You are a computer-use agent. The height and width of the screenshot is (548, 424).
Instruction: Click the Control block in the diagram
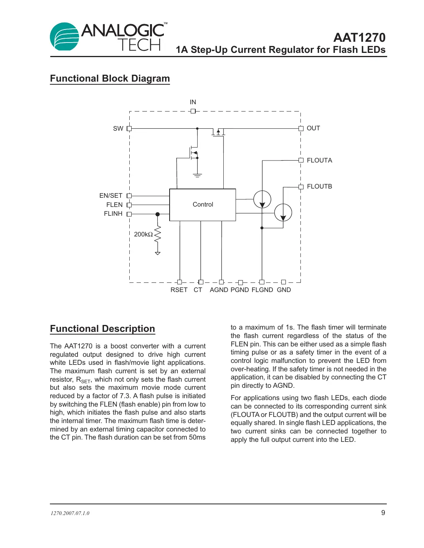tap(203, 205)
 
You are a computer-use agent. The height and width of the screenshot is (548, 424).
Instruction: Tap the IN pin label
tap(193, 102)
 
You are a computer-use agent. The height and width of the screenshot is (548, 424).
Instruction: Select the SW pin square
tap(129, 129)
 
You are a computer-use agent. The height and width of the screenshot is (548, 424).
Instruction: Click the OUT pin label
tap(313, 128)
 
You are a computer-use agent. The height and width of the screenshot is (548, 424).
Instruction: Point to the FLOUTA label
tap(319, 161)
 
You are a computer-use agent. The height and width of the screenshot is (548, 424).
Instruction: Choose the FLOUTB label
tap(319, 187)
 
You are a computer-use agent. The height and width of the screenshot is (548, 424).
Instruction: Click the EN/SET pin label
tap(111, 196)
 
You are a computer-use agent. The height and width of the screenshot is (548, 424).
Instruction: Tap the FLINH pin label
tap(113, 214)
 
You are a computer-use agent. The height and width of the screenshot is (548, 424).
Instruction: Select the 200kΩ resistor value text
tap(143, 235)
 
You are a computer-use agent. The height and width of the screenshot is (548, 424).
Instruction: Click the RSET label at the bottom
tap(179, 290)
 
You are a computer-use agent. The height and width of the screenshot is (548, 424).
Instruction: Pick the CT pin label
tap(198, 290)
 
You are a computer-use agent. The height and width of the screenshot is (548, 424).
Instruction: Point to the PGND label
tap(240, 290)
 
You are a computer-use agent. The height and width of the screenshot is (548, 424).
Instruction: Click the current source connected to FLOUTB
tap(283, 212)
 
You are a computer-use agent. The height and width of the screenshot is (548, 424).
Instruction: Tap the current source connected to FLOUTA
tap(262, 199)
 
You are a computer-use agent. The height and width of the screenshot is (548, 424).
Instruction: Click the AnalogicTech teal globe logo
tap(64, 37)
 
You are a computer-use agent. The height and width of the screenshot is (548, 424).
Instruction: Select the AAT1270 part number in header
tap(359, 38)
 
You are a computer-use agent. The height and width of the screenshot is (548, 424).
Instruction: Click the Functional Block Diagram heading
tap(110, 79)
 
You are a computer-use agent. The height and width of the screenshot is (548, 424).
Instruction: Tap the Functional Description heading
tap(102, 329)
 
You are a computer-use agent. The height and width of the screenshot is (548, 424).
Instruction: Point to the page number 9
tap(383, 513)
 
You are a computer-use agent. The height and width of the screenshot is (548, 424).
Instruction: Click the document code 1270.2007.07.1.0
tap(70, 513)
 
